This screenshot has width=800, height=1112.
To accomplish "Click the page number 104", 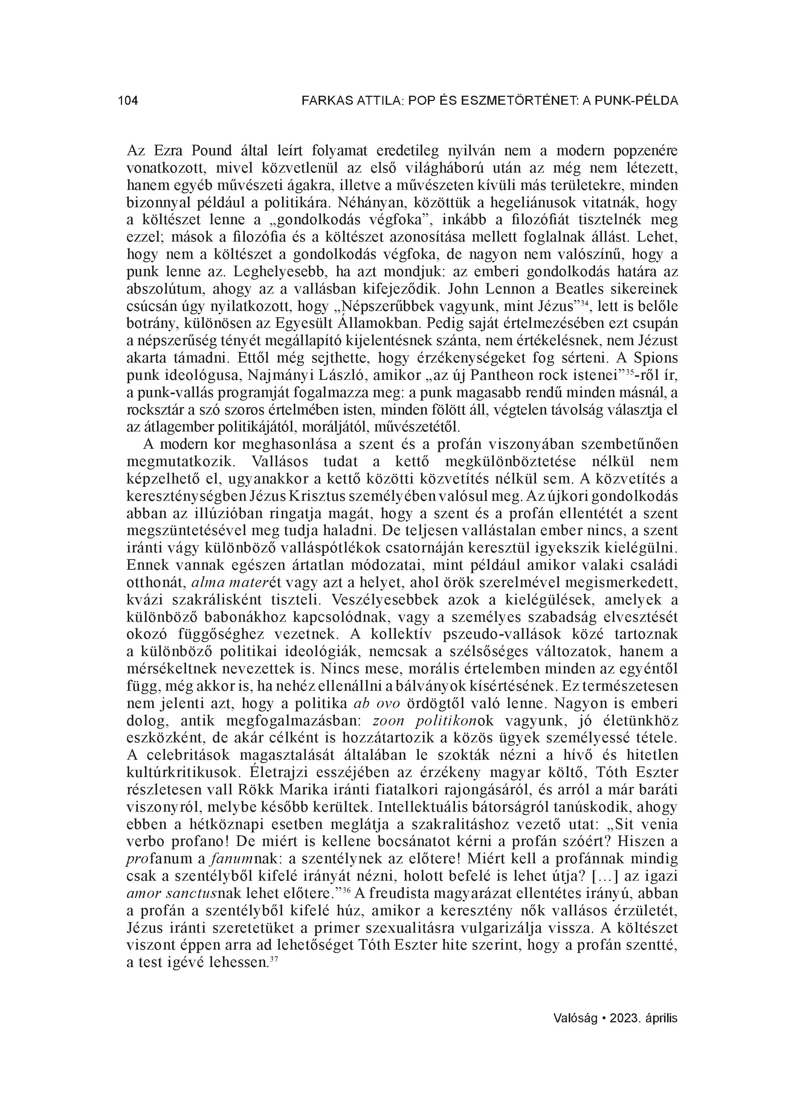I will click(128, 101).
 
